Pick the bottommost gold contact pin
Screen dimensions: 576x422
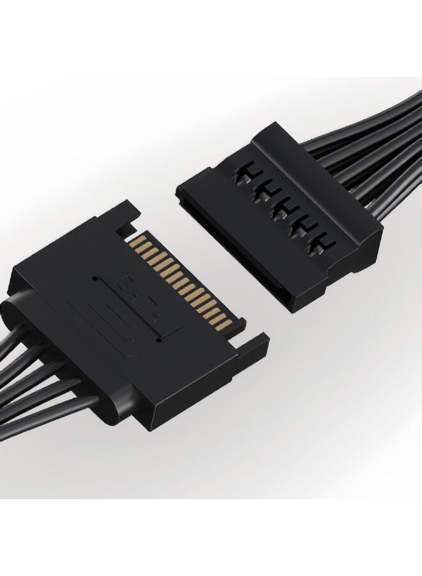coord(230,323)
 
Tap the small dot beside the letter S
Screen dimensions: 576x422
coord(96,278)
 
